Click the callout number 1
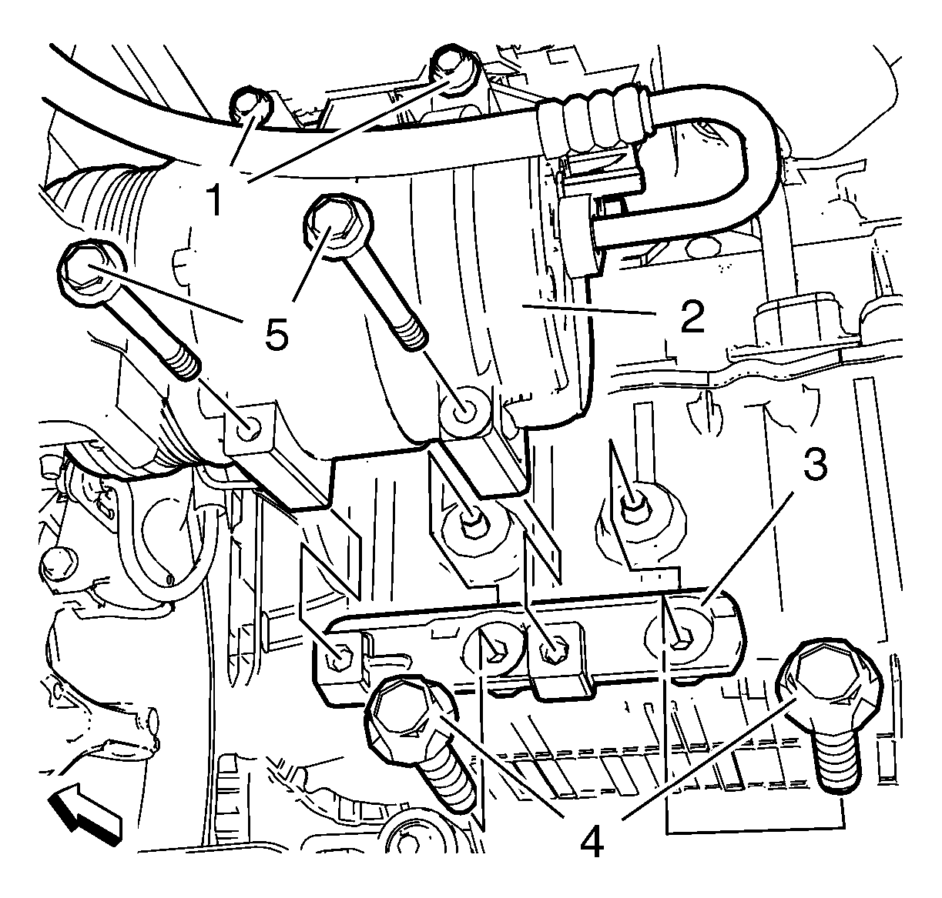pyautogui.click(x=216, y=200)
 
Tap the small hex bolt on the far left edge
pyautogui.click(x=58, y=566)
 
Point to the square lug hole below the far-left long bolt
pyautogui.click(x=250, y=425)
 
